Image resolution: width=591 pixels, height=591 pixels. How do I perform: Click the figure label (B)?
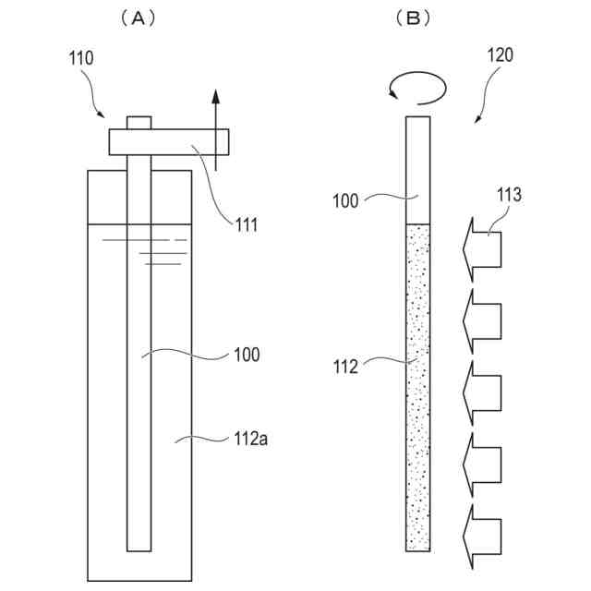413,18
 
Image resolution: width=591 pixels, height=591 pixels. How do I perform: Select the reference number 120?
500,56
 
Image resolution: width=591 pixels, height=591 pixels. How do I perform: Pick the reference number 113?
508,195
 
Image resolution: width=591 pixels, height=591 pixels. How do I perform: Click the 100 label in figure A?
247,355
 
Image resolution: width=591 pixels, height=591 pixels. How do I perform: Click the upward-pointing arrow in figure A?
215,129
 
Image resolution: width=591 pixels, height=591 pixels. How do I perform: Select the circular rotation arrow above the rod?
417,87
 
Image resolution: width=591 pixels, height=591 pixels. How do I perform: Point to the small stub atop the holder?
139,123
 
